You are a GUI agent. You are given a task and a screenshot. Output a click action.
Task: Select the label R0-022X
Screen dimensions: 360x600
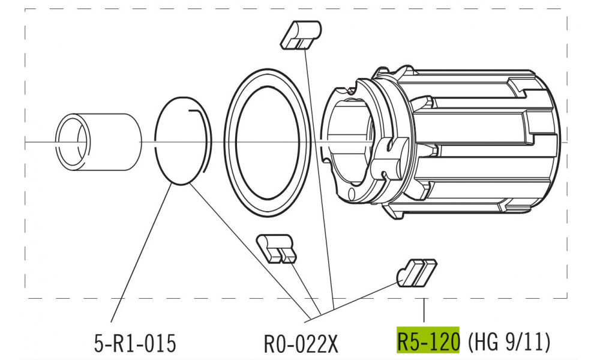(x=301, y=343)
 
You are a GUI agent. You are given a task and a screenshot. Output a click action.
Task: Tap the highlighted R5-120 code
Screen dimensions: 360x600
(x=428, y=340)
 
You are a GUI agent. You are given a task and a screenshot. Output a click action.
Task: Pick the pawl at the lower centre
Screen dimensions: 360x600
(x=276, y=247)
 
